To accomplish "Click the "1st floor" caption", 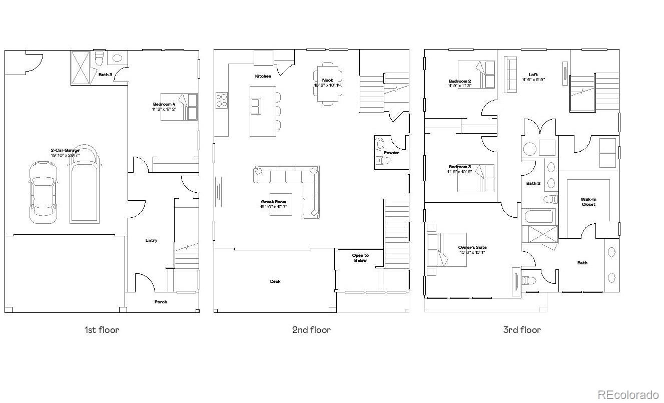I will pyautogui.click(x=102, y=330).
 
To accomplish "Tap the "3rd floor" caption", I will pyautogui.click(x=522, y=330).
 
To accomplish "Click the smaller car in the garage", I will pyautogui.click(x=43, y=192).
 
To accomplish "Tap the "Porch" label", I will pyautogui.click(x=161, y=302).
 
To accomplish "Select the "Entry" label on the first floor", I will pyautogui.click(x=151, y=240).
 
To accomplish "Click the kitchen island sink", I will pyautogui.click(x=256, y=106).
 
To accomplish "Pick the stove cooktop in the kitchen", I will pyautogui.click(x=222, y=100).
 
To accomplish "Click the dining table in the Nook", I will pyautogui.click(x=328, y=84).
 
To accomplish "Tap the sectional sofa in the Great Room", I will pyautogui.click(x=295, y=185).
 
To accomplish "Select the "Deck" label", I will pyautogui.click(x=275, y=281).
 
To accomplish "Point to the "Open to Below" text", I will pyautogui.click(x=360, y=258).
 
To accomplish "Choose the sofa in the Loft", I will pyautogui.click(x=510, y=74).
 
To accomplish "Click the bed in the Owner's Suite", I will pyautogui.click(x=446, y=249).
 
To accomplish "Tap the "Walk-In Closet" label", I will pyautogui.click(x=588, y=202).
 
